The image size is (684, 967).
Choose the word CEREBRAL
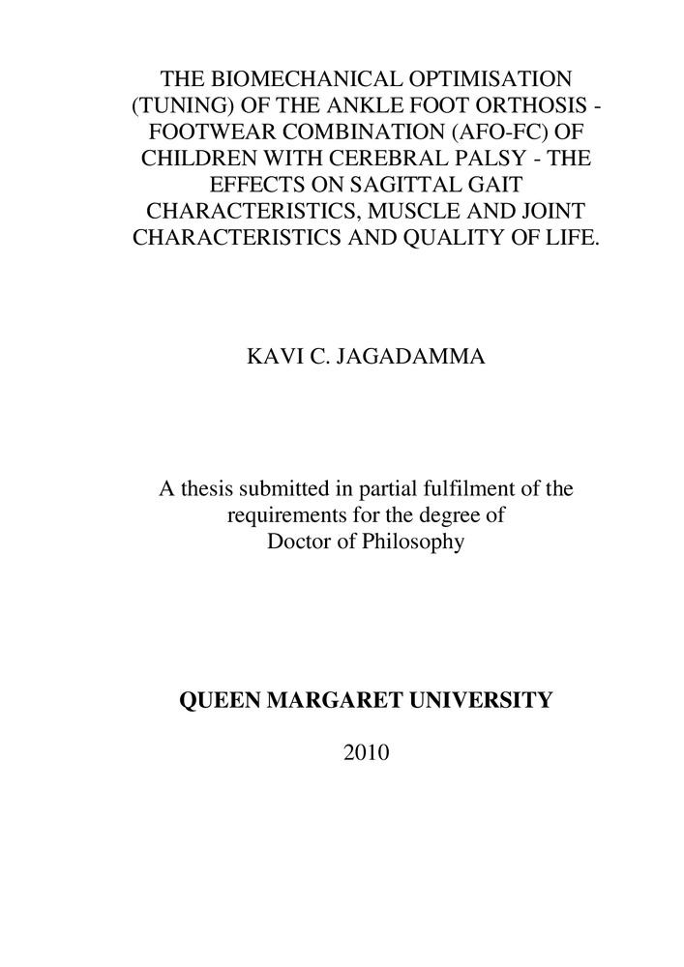click(x=387, y=157)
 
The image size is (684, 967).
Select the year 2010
click(x=366, y=751)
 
